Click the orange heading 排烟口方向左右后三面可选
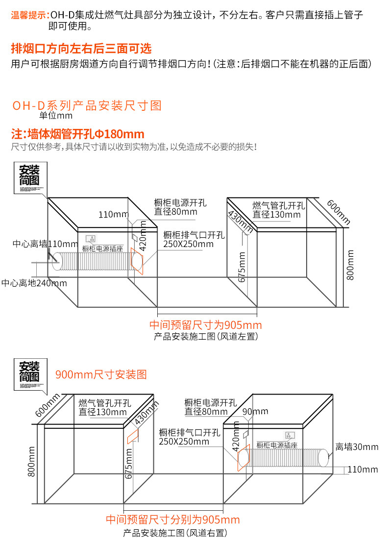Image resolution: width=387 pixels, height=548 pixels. (x=81, y=49)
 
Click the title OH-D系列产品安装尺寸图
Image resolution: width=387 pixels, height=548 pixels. (x=86, y=105)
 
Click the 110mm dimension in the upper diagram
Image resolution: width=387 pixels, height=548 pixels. (x=113, y=214)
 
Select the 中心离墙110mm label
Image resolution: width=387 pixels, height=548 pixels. (x=45, y=244)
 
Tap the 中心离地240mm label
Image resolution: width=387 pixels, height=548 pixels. (x=34, y=283)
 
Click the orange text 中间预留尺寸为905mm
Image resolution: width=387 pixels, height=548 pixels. (x=205, y=325)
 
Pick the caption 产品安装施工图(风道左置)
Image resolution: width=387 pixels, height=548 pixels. (x=206, y=337)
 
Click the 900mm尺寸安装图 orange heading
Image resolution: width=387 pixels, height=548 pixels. (x=101, y=375)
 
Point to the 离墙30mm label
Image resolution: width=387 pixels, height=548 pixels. (x=357, y=447)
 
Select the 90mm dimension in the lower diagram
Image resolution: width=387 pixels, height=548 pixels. (x=255, y=412)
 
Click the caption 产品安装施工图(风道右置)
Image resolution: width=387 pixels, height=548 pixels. (x=175, y=533)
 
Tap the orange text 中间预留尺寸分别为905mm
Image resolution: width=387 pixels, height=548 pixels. (x=173, y=520)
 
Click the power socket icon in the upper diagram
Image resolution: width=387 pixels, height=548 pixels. (x=90, y=239)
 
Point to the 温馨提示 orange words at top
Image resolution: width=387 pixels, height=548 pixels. (x=29, y=15)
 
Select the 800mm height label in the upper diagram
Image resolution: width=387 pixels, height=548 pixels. (x=350, y=265)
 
